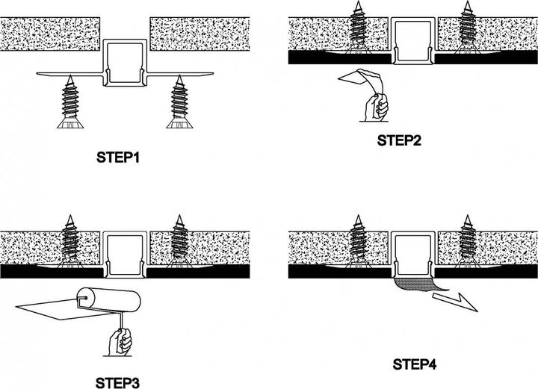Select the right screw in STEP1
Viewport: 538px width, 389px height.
tap(180, 101)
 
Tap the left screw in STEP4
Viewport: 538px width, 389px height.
tap(358, 239)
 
